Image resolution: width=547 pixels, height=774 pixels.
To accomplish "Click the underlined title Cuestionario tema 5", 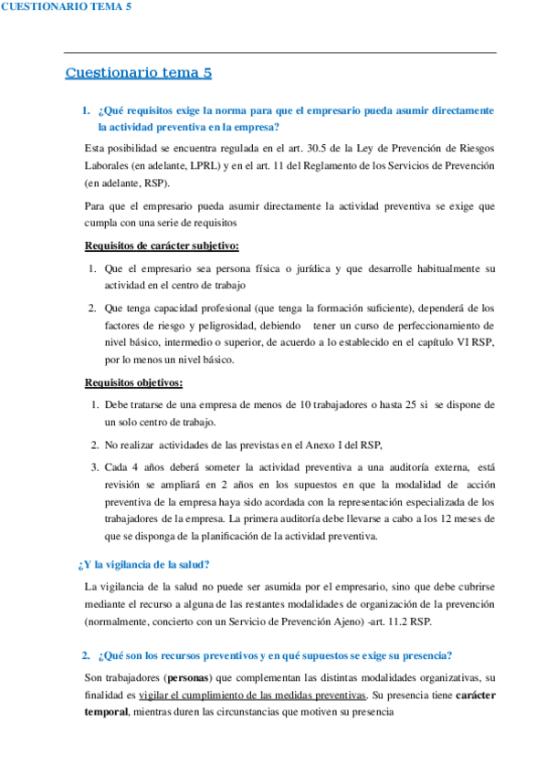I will pyautogui.click(x=139, y=73).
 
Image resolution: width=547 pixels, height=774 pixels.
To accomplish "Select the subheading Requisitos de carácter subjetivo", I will pyautogui.click(x=163, y=246).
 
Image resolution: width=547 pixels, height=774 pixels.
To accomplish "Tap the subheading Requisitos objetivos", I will pyautogui.click(x=133, y=382).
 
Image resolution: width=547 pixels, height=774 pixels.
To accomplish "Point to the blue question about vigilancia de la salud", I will pyautogui.click(x=144, y=563).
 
